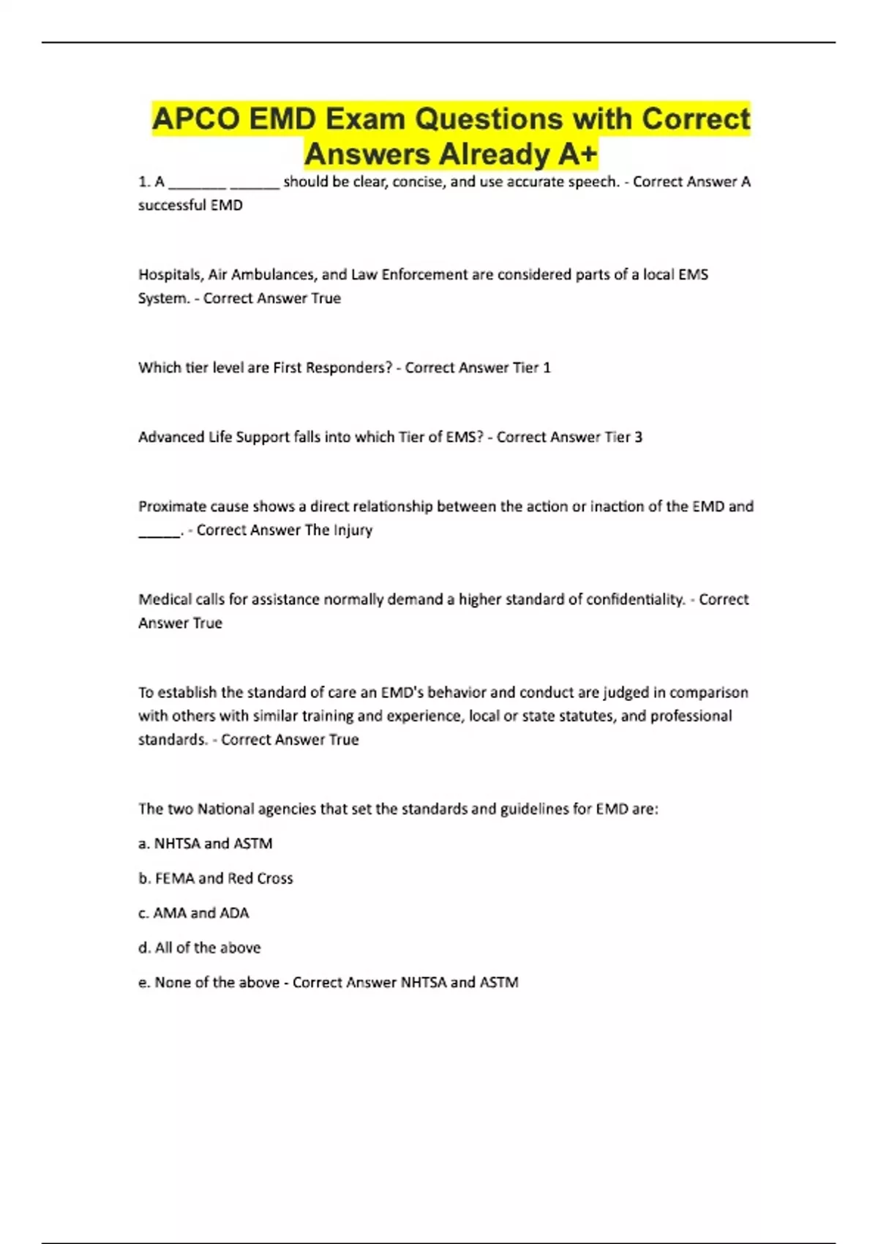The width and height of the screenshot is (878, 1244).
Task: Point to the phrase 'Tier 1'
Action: [532, 368]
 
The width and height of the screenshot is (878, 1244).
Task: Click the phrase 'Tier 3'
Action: [623, 438]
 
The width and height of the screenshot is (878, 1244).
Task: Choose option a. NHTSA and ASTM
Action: [205, 844]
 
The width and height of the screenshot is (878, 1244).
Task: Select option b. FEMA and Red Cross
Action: [215, 878]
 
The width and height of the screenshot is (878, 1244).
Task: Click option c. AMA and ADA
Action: [193, 913]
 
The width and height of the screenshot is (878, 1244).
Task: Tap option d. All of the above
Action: [199, 948]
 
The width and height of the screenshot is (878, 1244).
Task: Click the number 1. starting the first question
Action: [144, 182]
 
